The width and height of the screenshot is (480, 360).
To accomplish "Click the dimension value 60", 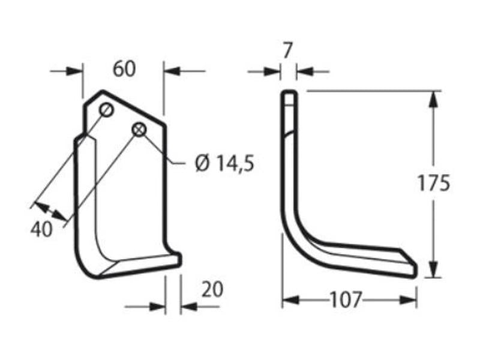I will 124,69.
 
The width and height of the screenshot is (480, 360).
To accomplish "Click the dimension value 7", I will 287,51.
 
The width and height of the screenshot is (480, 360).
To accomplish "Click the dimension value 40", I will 41,229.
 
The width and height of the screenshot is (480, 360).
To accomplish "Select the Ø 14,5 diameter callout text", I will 224,163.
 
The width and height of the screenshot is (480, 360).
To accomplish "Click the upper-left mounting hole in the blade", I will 106,110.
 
